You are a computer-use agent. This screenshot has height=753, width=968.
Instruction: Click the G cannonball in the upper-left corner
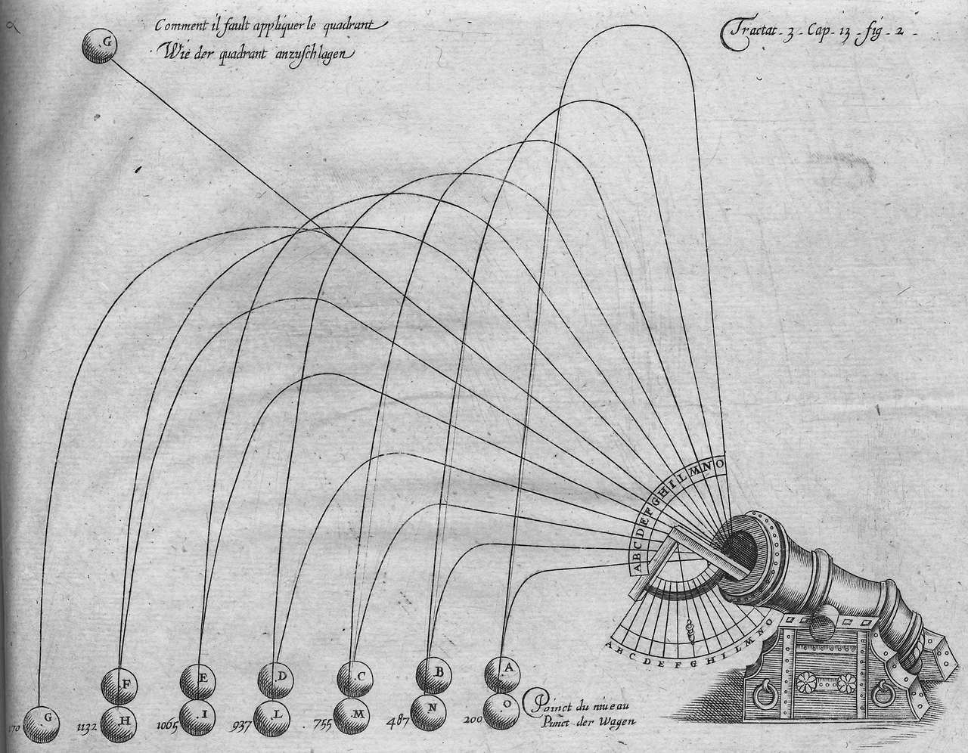[x=101, y=47]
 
